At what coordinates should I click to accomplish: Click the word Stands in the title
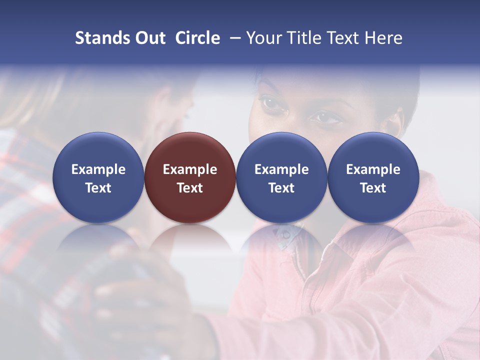pyautogui.click(x=98, y=38)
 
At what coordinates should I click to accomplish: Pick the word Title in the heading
pyautogui.click(x=301, y=38)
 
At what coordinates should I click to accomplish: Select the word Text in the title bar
pyautogui.click(x=341, y=38)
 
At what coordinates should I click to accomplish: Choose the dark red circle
pyautogui.click(x=189, y=150)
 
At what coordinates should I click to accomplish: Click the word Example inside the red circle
pyautogui.click(x=190, y=169)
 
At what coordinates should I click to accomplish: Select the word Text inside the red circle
pyautogui.click(x=190, y=188)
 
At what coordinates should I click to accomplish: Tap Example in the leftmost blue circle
pyautogui.click(x=98, y=169)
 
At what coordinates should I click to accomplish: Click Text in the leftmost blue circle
pyautogui.click(x=98, y=188)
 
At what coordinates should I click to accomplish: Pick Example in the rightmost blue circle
pyautogui.click(x=373, y=169)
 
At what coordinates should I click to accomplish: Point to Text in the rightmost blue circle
pyautogui.click(x=373, y=188)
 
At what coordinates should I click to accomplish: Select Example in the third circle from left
pyautogui.click(x=281, y=169)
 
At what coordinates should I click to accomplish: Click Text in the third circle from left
pyautogui.click(x=281, y=188)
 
